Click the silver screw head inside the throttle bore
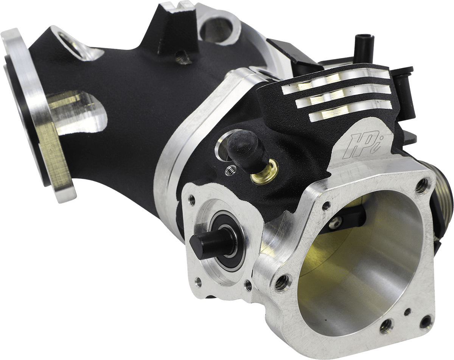tap(335, 223)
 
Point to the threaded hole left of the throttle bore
tap(282, 282)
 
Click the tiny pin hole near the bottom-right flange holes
tap(407, 312)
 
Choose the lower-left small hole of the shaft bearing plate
tap(198, 281)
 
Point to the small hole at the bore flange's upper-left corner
tap(326, 206)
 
